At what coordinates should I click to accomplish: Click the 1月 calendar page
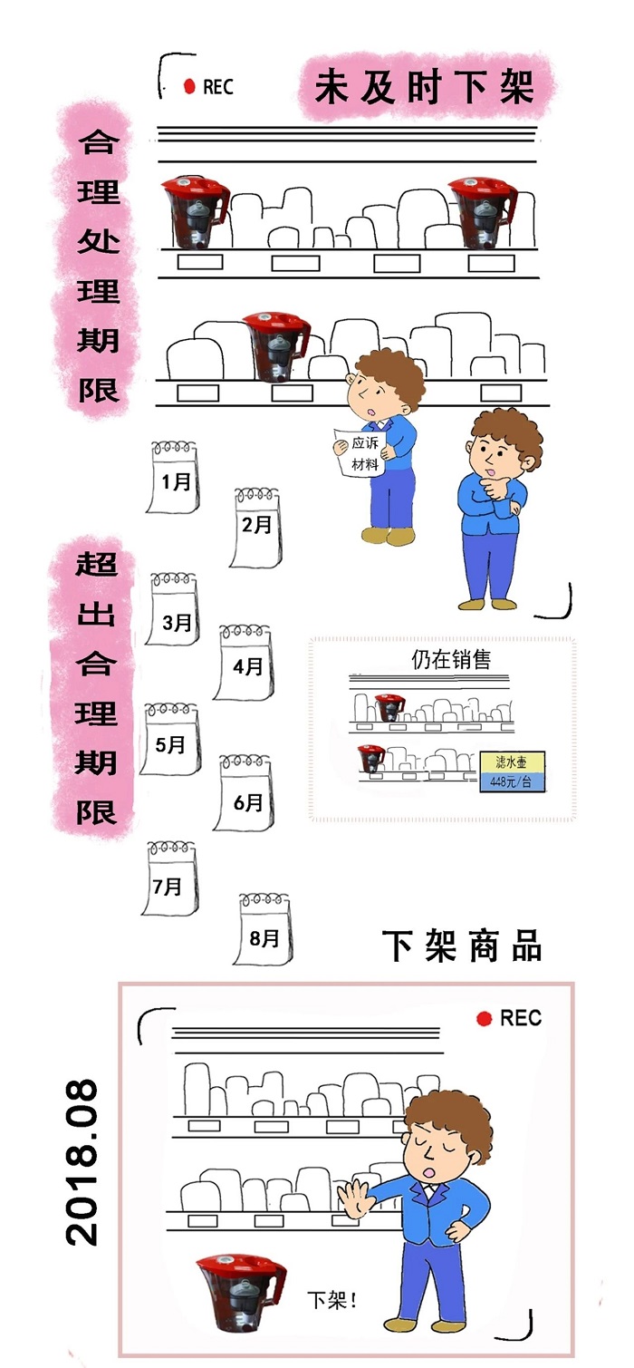[175, 478]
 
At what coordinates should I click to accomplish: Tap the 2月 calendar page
[255, 528]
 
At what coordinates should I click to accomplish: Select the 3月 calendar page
[175, 612]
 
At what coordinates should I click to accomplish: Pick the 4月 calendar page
[245, 664]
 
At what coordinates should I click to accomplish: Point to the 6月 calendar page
[245, 794]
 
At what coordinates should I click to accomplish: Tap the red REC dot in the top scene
[189, 87]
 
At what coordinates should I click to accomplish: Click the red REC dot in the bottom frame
[485, 1018]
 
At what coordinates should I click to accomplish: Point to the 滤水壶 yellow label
[511, 762]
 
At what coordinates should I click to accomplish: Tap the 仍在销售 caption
[451, 659]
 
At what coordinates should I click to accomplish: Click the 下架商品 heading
[462, 946]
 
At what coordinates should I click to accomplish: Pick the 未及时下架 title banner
[424, 88]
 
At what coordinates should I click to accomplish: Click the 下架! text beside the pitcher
[332, 1301]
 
